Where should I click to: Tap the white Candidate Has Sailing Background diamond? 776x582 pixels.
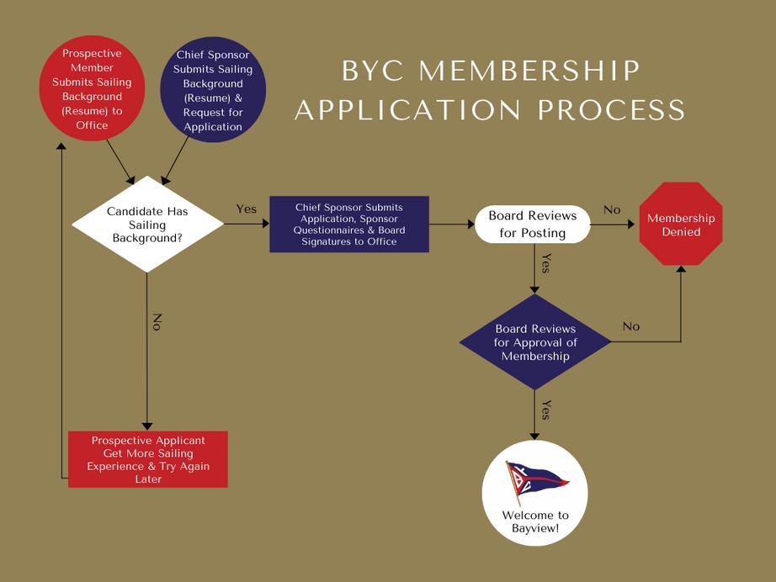148,225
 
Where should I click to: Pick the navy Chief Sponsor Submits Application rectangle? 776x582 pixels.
349,225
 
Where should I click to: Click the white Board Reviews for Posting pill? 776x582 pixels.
533,225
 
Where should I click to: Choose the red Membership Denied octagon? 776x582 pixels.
681,225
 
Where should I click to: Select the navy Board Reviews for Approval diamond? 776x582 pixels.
535,341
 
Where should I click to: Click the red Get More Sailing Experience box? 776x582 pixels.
148,459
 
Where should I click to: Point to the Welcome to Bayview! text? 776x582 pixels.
535,521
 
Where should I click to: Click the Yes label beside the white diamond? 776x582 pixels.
247,209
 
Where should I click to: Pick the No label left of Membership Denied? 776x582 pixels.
612,209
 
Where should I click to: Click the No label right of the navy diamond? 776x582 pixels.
630,326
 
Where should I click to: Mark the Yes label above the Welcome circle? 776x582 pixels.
545,410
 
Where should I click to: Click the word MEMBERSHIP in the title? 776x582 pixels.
529,71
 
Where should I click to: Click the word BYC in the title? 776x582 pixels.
373,71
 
